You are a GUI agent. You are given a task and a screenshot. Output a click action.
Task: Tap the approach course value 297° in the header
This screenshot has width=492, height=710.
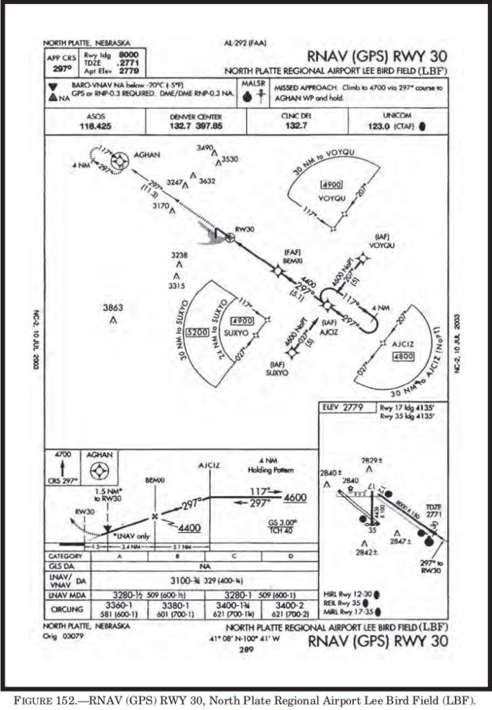pos(61,69)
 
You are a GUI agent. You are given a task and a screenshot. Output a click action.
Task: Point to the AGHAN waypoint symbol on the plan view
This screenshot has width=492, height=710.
pos(120,161)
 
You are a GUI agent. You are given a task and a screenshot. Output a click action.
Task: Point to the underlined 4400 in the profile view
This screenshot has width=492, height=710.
pos(189,528)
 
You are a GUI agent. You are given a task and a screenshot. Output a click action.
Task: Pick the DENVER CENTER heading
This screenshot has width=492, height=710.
pos(195,116)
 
